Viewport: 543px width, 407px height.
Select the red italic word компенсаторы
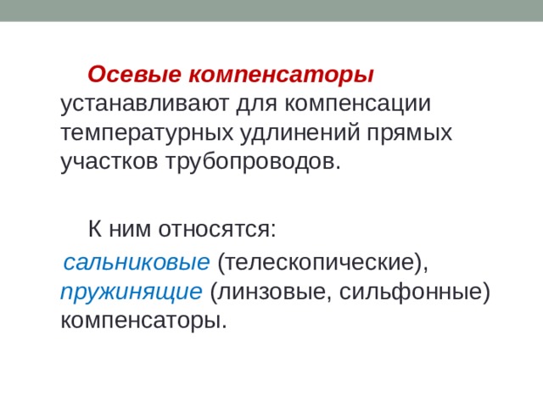pos(279,75)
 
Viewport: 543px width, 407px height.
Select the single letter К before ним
pos(97,229)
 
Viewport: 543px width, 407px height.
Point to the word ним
pos(128,229)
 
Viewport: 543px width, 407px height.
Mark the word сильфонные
pos(406,292)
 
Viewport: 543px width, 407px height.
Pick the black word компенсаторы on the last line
pos(142,321)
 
